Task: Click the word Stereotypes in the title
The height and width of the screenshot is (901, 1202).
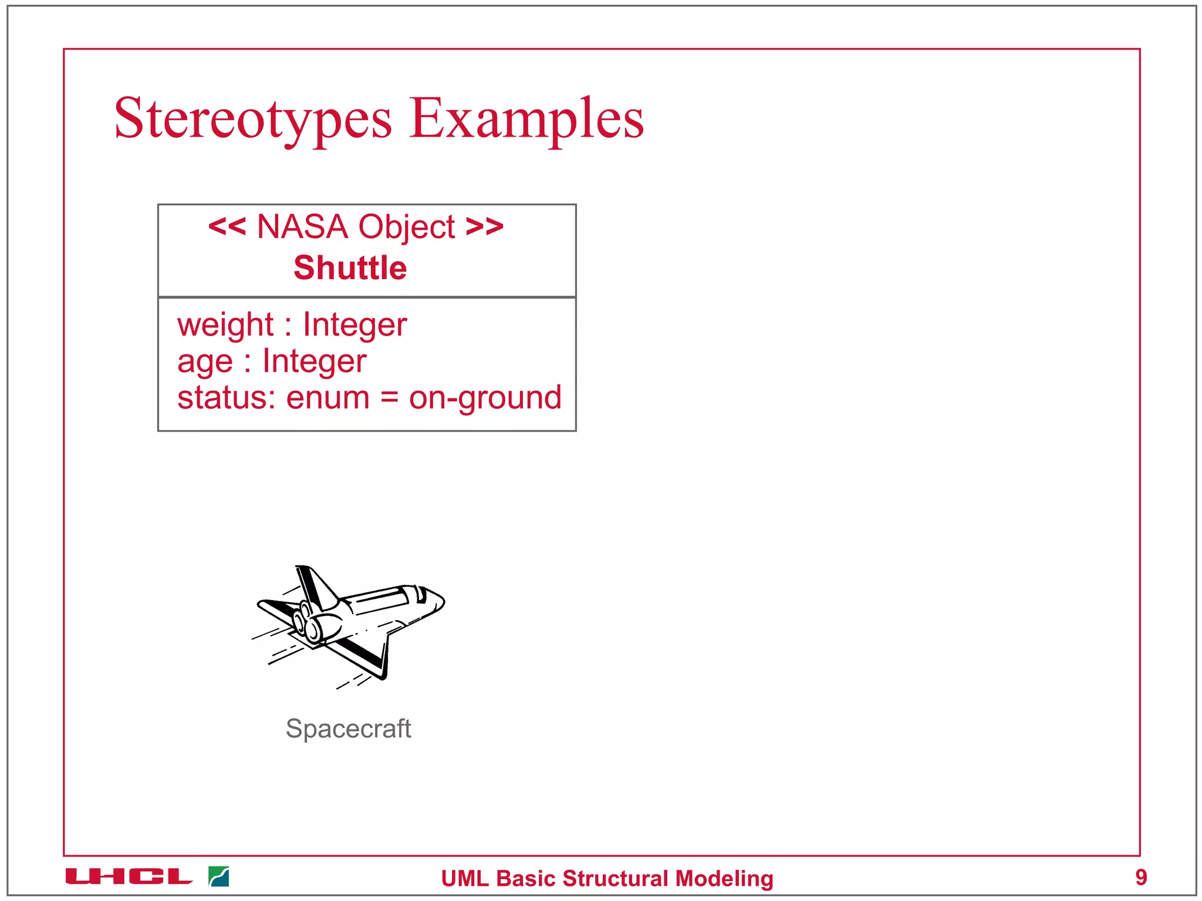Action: tap(252, 119)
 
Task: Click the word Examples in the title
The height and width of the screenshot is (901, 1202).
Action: tap(526, 119)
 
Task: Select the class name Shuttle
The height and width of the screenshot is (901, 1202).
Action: tap(350, 268)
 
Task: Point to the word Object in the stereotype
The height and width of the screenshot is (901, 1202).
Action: tap(406, 228)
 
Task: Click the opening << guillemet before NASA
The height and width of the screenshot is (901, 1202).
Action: tap(227, 226)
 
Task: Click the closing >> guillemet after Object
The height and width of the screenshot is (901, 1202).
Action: tap(484, 226)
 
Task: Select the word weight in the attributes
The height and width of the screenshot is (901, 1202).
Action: tap(225, 325)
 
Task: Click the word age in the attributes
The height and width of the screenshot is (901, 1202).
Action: tap(205, 362)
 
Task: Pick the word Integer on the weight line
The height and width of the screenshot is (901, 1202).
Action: tap(354, 325)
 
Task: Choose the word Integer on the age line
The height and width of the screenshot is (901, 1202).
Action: tap(314, 361)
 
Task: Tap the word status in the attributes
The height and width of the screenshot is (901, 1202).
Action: tap(223, 398)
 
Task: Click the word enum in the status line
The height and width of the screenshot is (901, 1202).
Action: tap(327, 398)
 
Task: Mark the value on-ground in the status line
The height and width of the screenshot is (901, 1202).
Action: tap(485, 399)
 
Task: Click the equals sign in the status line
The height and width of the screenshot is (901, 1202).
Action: tap(389, 398)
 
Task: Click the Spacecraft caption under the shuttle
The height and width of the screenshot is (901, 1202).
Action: tap(348, 729)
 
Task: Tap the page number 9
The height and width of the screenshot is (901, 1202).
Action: tap(1141, 878)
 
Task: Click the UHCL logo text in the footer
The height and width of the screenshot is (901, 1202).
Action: tap(129, 877)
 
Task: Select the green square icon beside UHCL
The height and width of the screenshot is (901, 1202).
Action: tap(218, 877)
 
